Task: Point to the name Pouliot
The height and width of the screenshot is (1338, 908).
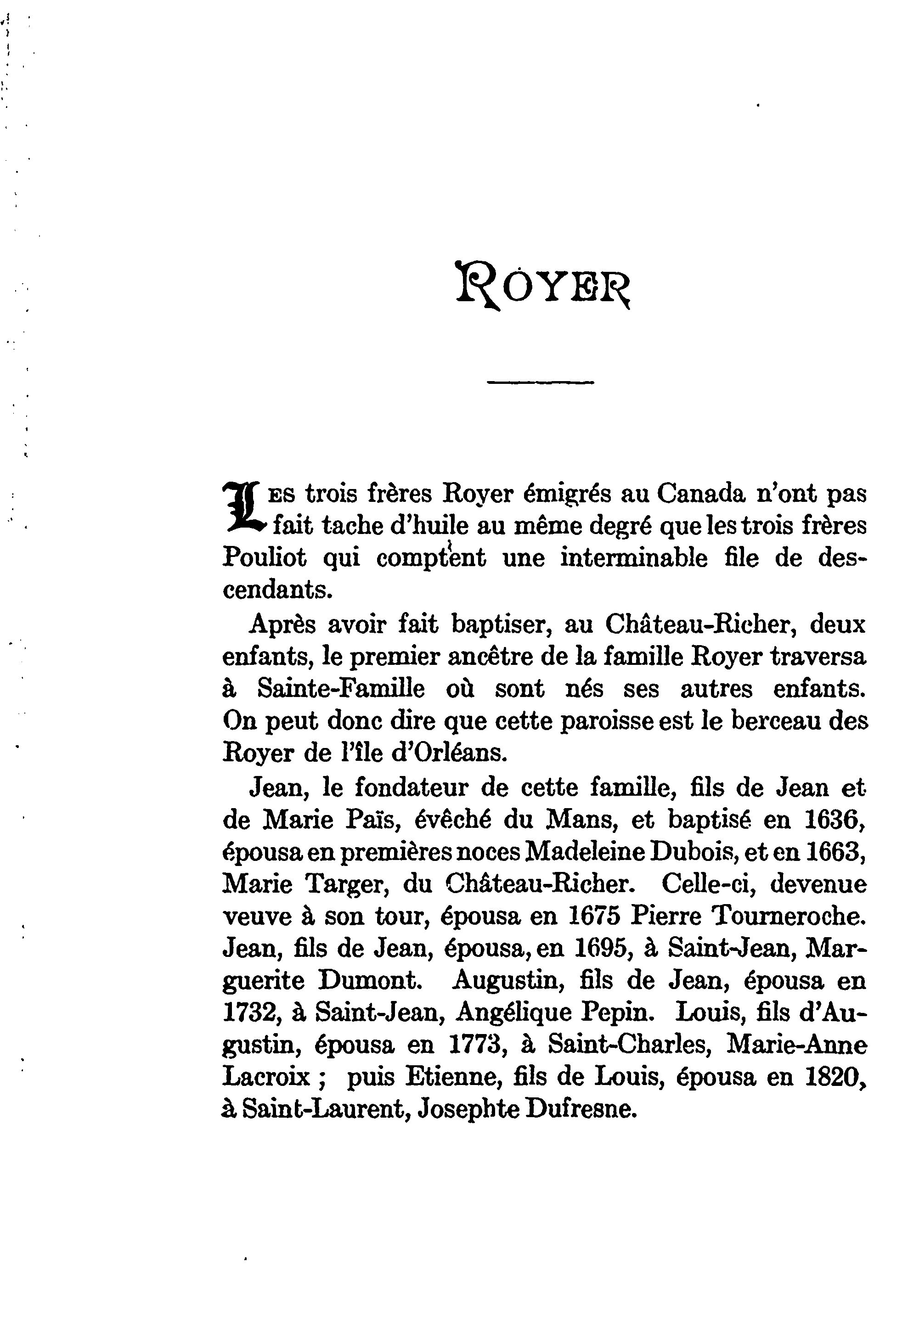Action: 264,558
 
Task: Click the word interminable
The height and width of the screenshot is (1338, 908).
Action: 634,558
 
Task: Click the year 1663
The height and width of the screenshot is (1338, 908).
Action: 833,853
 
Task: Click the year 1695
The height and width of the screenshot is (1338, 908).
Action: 601,950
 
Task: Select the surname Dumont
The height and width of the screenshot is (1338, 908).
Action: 368,982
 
